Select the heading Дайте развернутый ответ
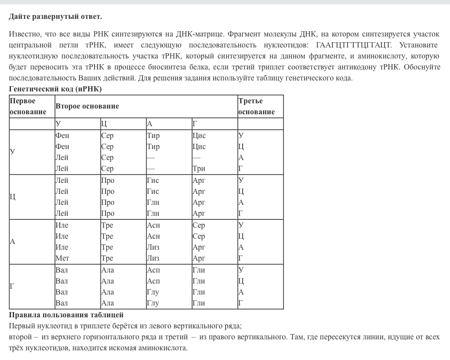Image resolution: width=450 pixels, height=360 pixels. point(55,17)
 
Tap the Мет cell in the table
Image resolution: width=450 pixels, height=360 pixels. point(62,258)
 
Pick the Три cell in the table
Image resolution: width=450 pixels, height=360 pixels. point(199,168)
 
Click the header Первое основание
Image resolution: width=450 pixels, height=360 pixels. point(28,106)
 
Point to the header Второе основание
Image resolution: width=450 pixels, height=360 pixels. point(87,106)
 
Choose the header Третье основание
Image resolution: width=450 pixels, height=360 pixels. point(257,106)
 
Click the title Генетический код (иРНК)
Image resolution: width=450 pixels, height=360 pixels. point(55,89)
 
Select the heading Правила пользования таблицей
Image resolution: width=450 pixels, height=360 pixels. point(66,315)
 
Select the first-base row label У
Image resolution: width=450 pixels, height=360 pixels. point(12,152)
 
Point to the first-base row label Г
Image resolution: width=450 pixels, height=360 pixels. point(12,287)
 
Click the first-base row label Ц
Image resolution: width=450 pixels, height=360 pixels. point(13,196)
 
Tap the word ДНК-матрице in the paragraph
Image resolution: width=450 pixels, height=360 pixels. point(198,34)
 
